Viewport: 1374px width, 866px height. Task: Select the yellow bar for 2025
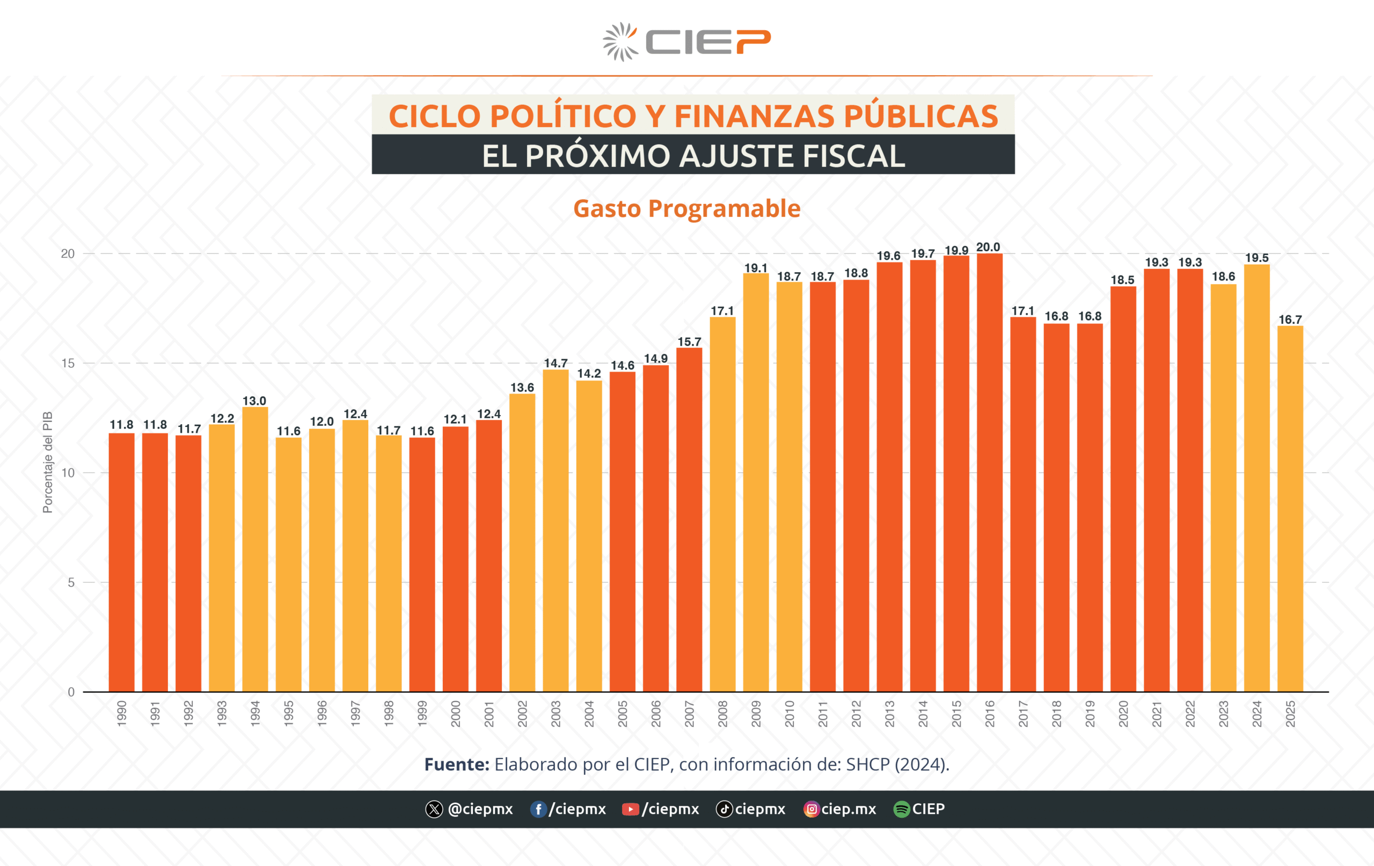1290,508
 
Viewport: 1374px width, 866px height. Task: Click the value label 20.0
988,246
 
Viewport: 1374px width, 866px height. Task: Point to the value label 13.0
254,401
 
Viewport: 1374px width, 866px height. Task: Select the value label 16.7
1290,319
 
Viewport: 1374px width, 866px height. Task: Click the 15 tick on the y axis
68,363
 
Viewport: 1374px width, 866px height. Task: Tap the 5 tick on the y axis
71,583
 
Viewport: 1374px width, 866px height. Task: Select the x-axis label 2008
722,714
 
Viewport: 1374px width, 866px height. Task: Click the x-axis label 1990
121,714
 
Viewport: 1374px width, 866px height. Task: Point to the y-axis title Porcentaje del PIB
47,462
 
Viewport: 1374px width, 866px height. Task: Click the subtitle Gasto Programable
686,208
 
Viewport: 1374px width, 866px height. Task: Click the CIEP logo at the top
686,42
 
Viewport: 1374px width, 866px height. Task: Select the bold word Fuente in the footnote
456,764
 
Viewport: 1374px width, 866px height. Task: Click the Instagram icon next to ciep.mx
811,809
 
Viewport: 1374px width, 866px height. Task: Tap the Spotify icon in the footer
901,809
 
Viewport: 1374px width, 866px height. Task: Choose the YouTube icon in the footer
630,809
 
